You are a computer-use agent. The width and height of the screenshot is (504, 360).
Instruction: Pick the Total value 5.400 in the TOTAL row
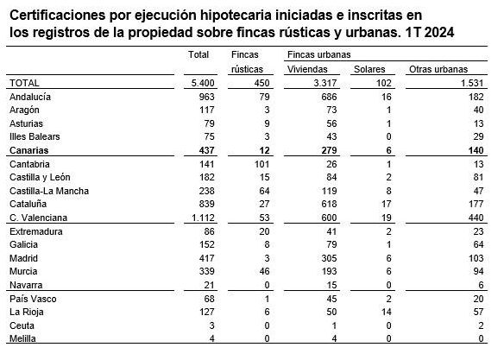coord(198,83)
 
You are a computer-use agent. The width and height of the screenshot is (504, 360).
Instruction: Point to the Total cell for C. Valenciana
coord(198,219)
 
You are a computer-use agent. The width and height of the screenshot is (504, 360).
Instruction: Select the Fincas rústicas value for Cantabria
coord(254,163)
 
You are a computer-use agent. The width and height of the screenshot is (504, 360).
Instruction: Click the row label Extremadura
coord(34,232)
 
